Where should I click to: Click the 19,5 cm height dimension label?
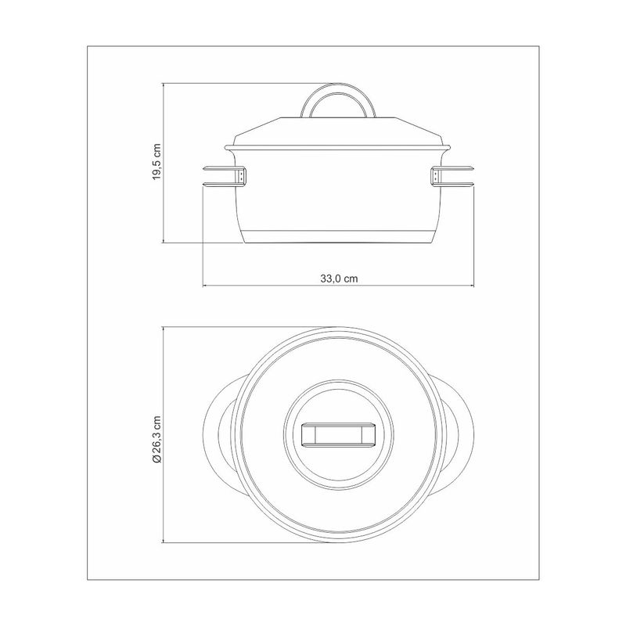[157, 162]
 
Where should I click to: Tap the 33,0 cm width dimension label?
[339, 279]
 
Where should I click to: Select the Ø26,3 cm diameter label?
[156, 439]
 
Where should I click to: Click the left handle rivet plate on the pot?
[242, 177]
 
